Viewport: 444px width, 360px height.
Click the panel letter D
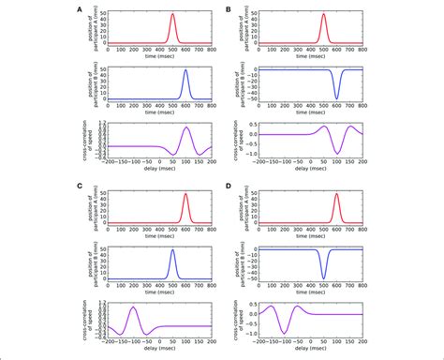click(x=229, y=186)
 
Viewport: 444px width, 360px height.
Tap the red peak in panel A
click(x=172, y=14)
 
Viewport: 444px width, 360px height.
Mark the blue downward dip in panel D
click(x=323, y=278)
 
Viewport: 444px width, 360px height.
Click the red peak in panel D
click(x=336, y=194)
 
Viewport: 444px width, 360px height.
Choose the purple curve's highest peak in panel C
click(x=133, y=307)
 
